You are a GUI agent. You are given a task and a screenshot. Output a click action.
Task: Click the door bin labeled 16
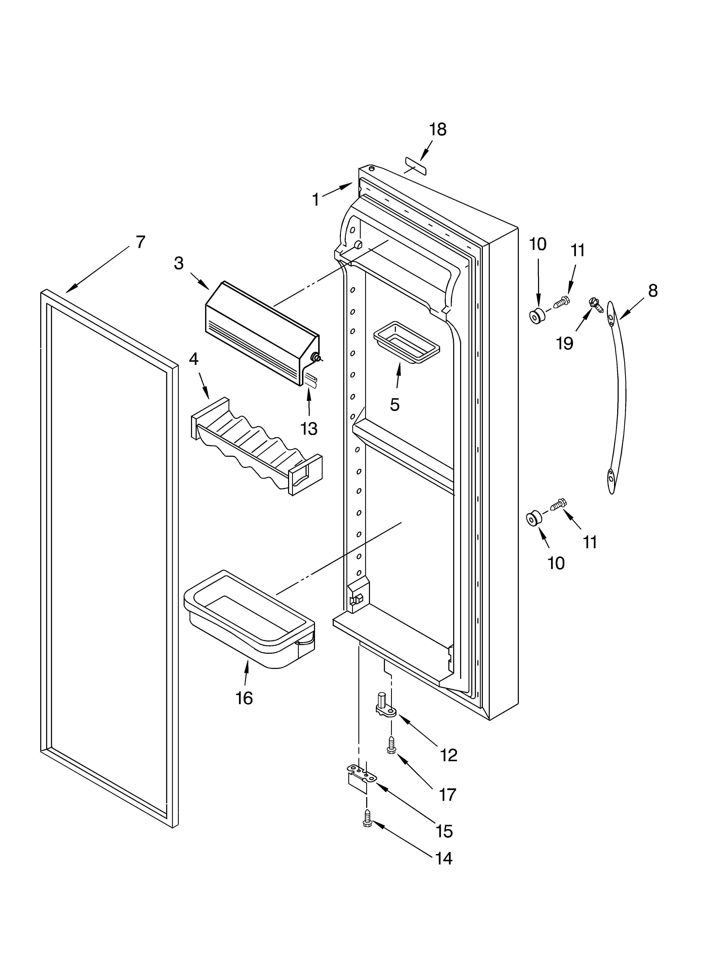pyautogui.click(x=249, y=619)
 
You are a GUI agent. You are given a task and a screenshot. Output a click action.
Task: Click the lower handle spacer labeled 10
pyautogui.click(x=534, y=519)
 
